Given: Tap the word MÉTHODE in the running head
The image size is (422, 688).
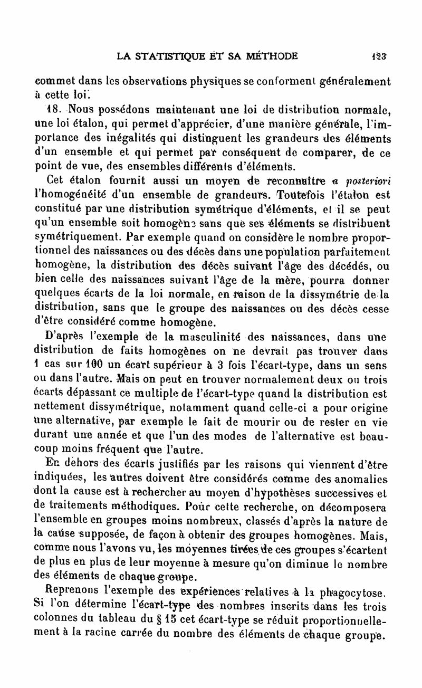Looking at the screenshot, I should [x=268, y=55].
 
